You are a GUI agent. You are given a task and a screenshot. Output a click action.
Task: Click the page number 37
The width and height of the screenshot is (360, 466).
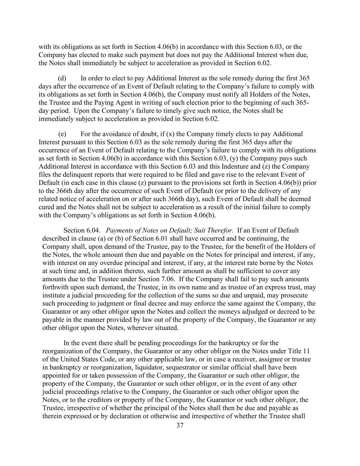180,425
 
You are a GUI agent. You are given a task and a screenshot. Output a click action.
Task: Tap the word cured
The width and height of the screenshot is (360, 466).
46,207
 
